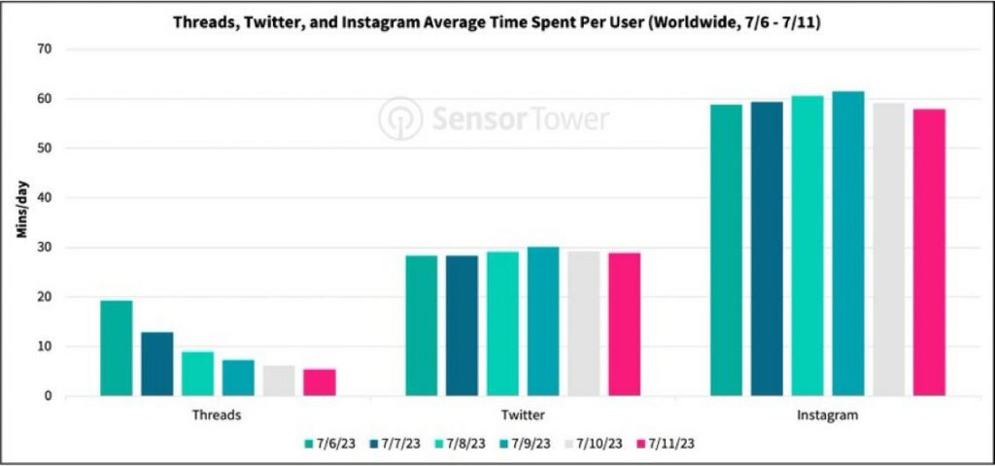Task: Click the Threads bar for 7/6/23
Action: pos(116,348)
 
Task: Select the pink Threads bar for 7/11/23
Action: pos(319,383)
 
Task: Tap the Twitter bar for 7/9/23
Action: pos(543,321)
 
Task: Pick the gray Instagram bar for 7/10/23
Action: pos(889,250)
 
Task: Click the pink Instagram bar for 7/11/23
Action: pos(929,252)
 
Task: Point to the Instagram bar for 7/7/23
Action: pos(767,249)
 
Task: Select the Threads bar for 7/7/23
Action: pos(156,364)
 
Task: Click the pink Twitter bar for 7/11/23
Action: pos(624,324)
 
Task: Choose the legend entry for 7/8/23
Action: pos(466,443)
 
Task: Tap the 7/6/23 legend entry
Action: pos(329,443)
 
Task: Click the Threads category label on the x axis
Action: pos(217,415)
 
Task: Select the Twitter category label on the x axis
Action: pos(523,415)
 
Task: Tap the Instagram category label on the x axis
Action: pos(828,415)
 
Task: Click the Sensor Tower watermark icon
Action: pos(399,118)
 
